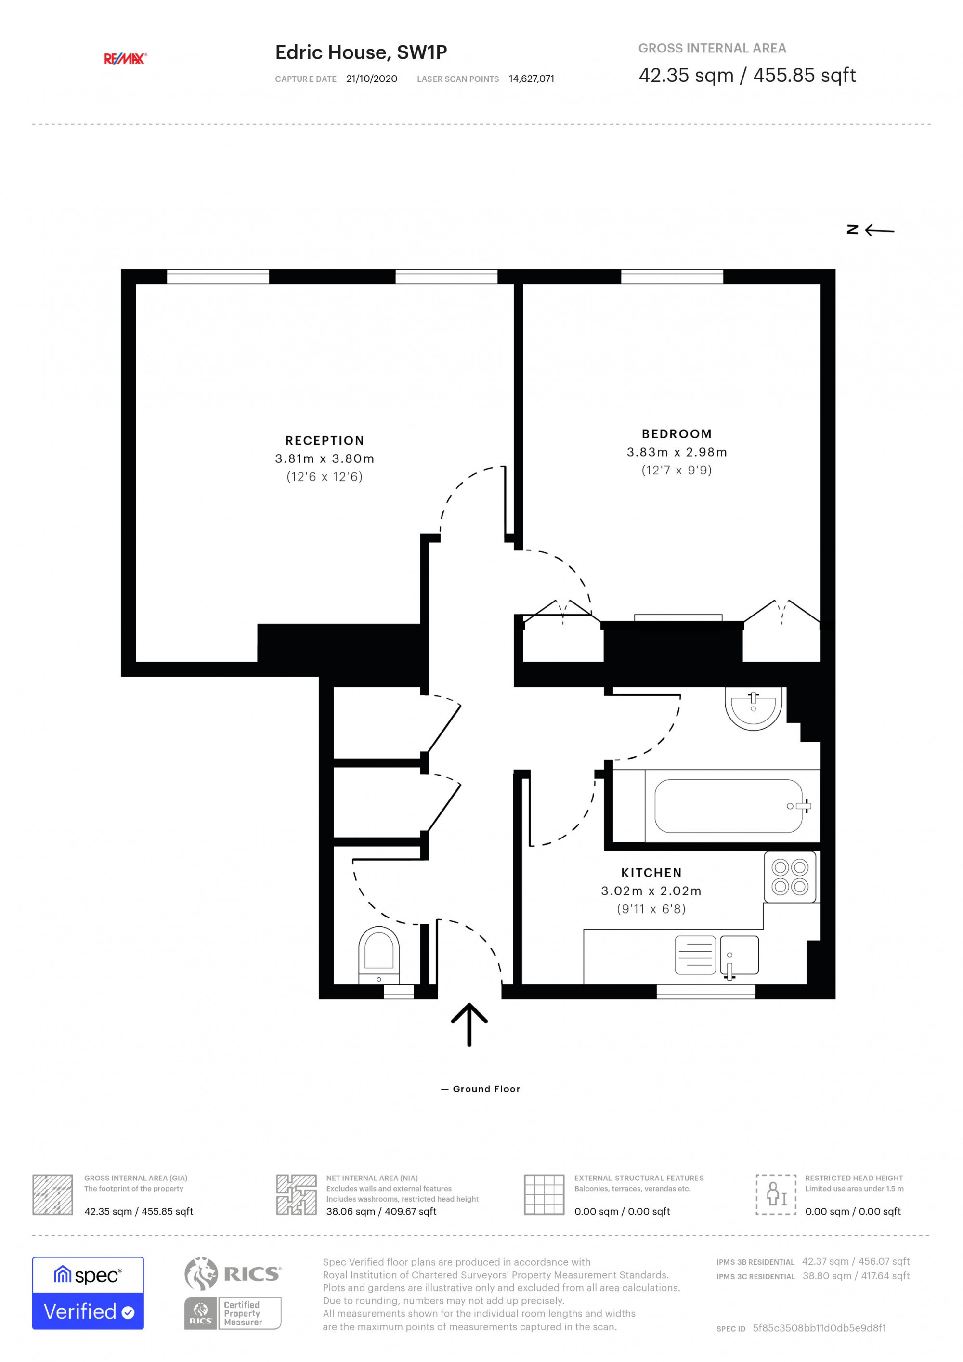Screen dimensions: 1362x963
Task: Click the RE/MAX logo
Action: (x=125, y=58)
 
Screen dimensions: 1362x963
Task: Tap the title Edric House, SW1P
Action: (x=361, y=53)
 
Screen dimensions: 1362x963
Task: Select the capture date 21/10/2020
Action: (x=372, y=79)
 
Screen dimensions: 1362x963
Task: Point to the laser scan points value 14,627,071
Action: (x=531, y=79)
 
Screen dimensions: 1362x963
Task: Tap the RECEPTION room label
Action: (x=325, y=440)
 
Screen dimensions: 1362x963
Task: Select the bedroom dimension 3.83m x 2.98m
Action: (x=677, y=452)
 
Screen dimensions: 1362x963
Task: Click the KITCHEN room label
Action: (x=651, y=873)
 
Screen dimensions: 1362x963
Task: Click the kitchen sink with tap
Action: (x=739, y=955)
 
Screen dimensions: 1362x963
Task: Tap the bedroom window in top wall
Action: (x=672, y=276)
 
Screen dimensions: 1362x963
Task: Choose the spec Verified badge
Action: (x=88, y=1293)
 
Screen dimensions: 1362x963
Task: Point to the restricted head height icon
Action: (x=775, y=1194)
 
